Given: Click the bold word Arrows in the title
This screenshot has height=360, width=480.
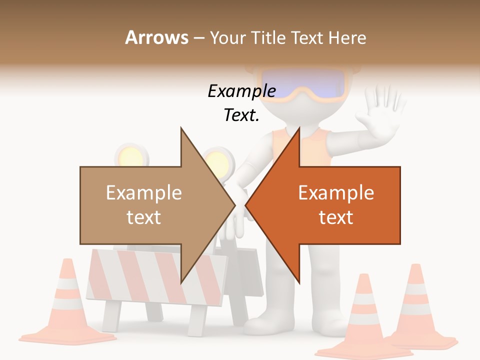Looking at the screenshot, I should (x=156, y=37).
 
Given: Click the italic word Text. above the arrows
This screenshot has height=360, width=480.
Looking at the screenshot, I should (x=241, y=115).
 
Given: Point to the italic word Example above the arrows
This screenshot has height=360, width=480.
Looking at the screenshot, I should (x=241, y=91).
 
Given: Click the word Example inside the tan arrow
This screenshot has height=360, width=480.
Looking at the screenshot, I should (x=144, y=193).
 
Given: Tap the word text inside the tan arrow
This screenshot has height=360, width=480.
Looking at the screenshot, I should (x=144, y=217).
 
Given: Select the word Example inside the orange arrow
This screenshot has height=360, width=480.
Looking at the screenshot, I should (x=336, y=193).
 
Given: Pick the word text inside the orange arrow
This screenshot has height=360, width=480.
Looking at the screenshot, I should (x=336, y=217).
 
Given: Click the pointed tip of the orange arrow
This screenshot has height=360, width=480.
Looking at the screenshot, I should (x=246, y=205).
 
